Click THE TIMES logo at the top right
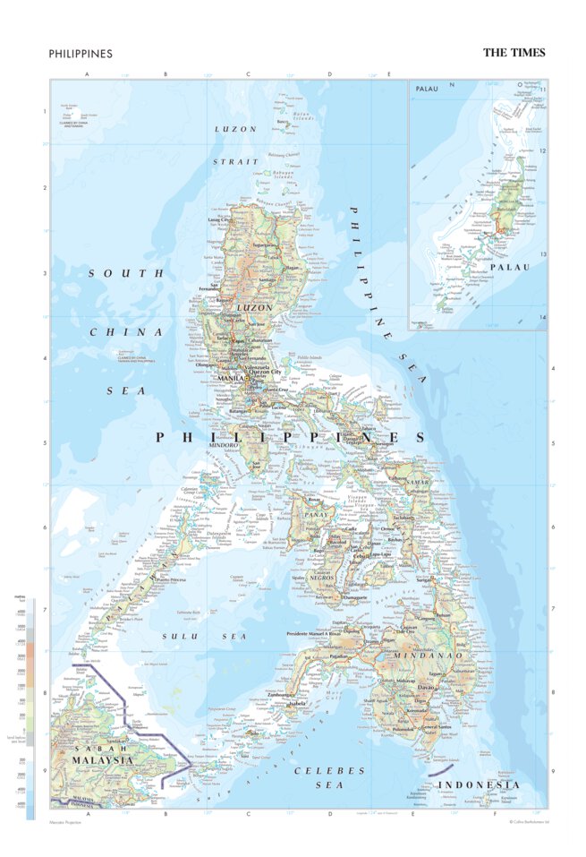pos(514,53)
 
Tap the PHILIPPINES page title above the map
pos(81,54)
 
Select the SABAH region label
pos(74,746)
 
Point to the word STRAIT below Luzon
pos(234,161)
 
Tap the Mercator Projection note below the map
pos(68,821)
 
